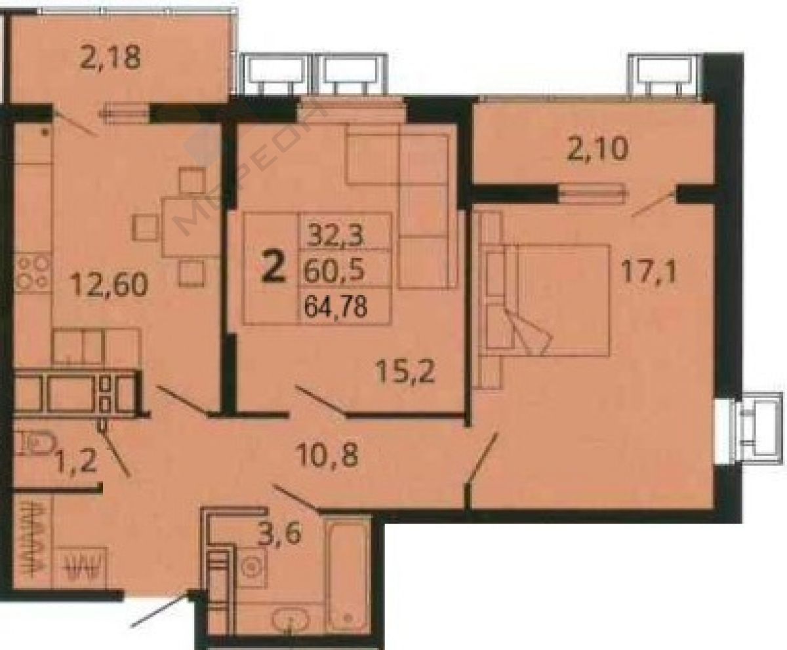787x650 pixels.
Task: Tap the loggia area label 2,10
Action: [x=597, y=149]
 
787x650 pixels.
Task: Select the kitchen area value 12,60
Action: [x=109, y=285]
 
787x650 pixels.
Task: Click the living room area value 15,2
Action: [x=405, y=370]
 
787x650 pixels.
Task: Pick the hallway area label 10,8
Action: [x=327, y=455]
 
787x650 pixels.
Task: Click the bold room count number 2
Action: [x=273, y=267]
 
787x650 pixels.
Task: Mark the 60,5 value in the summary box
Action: [x=334, y=270]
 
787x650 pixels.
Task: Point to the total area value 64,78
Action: [x=335, y=306]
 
